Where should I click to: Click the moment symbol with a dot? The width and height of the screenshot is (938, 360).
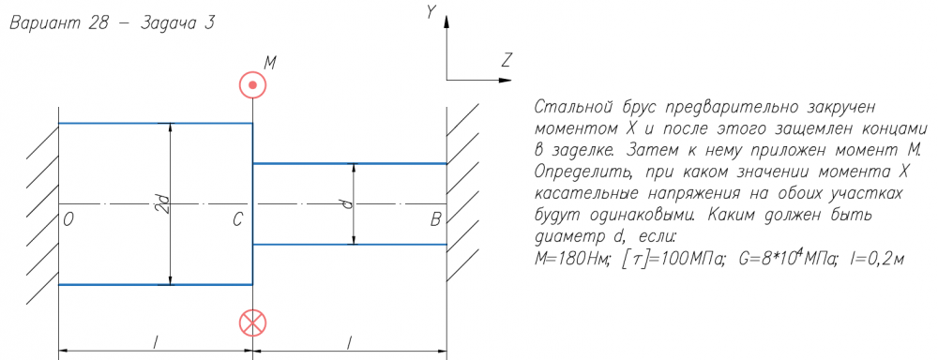[x=252, y=84]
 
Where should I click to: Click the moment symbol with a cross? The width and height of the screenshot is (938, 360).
[x=252, y=323]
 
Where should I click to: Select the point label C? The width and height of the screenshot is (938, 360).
[x=238, y=220]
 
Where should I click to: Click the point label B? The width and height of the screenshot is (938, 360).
[x=435, y=220]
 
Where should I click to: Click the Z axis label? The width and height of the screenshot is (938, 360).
[x=507, y=59]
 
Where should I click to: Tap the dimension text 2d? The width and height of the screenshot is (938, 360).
[x=164, y=204]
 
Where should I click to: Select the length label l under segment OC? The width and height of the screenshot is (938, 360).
[x=156, y=341]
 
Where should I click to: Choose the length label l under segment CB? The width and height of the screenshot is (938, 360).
[x=350, y=341]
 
